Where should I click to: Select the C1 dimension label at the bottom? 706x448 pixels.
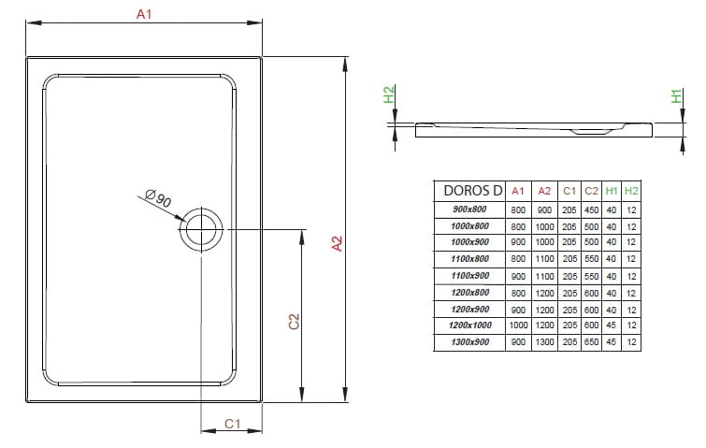(234, 424)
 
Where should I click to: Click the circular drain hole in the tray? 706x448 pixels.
(201, 228)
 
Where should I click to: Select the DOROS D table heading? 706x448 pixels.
(473, 190)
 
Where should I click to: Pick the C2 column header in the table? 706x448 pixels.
(590, 190)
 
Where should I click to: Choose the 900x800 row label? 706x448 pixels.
(470, 209)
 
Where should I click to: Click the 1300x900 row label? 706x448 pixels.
(470, 343)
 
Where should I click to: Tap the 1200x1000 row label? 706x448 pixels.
(470, 326)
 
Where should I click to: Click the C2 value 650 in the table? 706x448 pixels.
(590, 343)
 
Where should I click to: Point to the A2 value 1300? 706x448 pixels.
(544, 343)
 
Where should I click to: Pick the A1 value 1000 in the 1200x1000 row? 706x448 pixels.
(519, 326)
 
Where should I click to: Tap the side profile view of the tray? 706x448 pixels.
(533, 129)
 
